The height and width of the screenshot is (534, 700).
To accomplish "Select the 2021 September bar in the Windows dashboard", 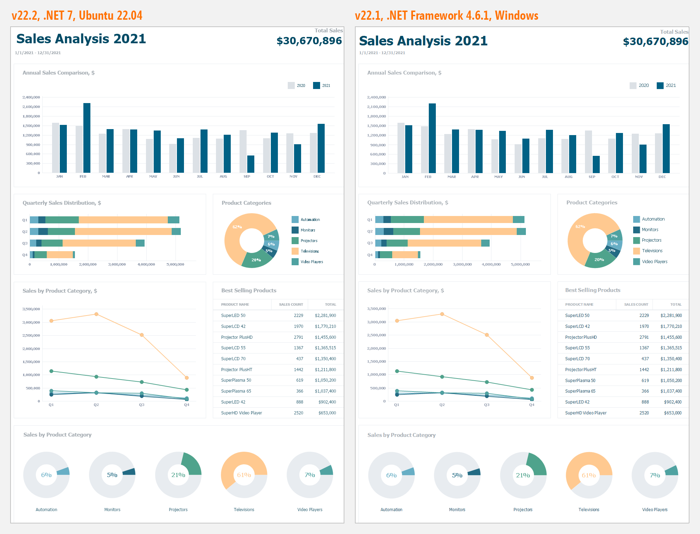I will click(596, 164).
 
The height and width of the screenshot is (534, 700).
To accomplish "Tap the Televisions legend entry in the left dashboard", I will click(310, 251).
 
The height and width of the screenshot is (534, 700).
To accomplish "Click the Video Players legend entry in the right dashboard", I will click(654, 262).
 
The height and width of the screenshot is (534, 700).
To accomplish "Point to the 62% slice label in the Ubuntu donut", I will click(237, 227).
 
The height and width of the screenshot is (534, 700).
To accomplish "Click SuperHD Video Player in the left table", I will click(241, 413).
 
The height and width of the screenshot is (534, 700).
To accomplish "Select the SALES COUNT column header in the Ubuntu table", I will click(291, 305).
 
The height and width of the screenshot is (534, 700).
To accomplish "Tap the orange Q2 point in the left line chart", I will click(96, 314).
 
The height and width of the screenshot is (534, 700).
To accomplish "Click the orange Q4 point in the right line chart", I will click(532, 378).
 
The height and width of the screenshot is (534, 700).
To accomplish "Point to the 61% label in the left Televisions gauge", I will click(244, 475).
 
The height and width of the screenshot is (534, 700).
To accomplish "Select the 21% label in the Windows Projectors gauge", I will click(523, 475).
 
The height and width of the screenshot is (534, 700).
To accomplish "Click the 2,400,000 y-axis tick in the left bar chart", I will click(31, 97).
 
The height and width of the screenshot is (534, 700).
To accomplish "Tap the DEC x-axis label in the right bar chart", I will click(662, 177).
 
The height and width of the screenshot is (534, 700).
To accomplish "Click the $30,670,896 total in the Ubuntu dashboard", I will click(309, 41).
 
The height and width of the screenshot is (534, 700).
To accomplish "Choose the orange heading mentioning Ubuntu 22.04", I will click(77, 15).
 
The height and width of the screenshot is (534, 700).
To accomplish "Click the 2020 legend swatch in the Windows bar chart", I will click(633, 85).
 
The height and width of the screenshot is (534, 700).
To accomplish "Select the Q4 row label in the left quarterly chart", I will click(25, 255).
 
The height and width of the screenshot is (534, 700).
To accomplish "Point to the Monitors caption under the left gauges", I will click(112, 510).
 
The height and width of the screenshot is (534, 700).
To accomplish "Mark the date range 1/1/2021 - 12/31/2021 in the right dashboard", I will click(382, 53).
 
